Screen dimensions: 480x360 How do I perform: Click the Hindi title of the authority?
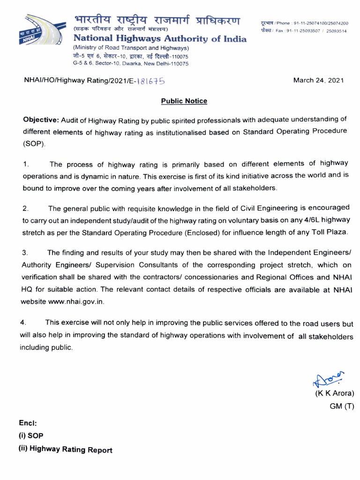coord(157,22)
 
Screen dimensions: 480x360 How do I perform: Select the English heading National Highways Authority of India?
coord(159,39)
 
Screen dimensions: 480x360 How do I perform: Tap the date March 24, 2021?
coord(318,80)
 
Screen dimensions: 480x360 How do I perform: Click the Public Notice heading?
coord(184,101)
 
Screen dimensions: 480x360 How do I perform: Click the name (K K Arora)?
coord(334,393)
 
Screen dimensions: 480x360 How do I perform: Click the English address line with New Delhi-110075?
coord(130,63)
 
